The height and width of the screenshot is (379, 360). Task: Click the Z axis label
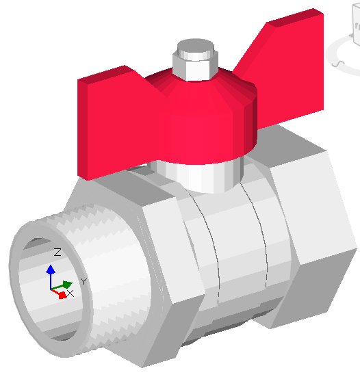[57, 252]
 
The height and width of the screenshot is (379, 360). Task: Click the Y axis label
[83, 281]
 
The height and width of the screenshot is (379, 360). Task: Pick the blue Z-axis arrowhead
[50, 270]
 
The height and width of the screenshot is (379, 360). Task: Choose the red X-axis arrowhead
[62, 295]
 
